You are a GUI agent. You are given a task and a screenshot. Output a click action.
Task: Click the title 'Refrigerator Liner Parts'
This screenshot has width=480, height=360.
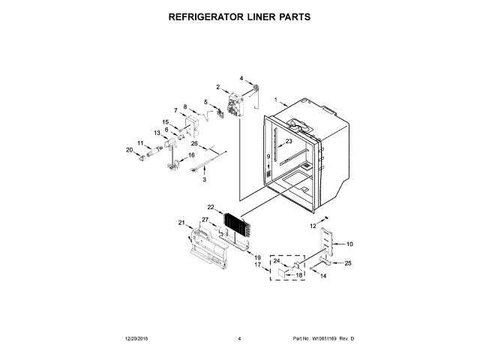coord(239,16)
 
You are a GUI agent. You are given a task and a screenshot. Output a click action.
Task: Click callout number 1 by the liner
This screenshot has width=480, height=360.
coord(275,100)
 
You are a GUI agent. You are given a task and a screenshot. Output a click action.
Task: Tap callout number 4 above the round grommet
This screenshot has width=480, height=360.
coord(241,78)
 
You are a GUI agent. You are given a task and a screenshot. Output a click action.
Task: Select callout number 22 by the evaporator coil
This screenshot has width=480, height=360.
coord(211,207)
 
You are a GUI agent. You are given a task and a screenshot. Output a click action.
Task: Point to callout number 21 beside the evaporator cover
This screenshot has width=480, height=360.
coord(181,223)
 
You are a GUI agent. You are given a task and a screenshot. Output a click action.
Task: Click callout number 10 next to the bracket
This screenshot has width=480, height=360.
coord(349,244)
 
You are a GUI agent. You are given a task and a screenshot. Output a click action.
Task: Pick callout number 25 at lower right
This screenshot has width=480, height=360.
coord(347,262)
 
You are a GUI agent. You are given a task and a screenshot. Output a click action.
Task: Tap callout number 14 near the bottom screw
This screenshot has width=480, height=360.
coord(324,277)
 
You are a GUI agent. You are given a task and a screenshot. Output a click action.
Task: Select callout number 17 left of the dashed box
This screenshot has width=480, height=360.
coord(256,265)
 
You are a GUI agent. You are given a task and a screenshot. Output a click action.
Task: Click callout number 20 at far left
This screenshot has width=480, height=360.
coord(128,150)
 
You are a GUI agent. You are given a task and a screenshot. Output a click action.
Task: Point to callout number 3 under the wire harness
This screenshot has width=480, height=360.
coord(203,180)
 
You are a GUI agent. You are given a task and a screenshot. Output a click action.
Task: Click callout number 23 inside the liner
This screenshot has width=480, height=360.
coord(289,141)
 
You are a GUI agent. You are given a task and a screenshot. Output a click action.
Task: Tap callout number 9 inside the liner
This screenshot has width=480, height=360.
coord(267,156)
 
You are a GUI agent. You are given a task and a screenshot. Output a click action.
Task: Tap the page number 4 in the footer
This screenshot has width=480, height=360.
coord(239,340)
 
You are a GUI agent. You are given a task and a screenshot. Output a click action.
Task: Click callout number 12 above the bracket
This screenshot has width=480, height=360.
coord(313,226)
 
